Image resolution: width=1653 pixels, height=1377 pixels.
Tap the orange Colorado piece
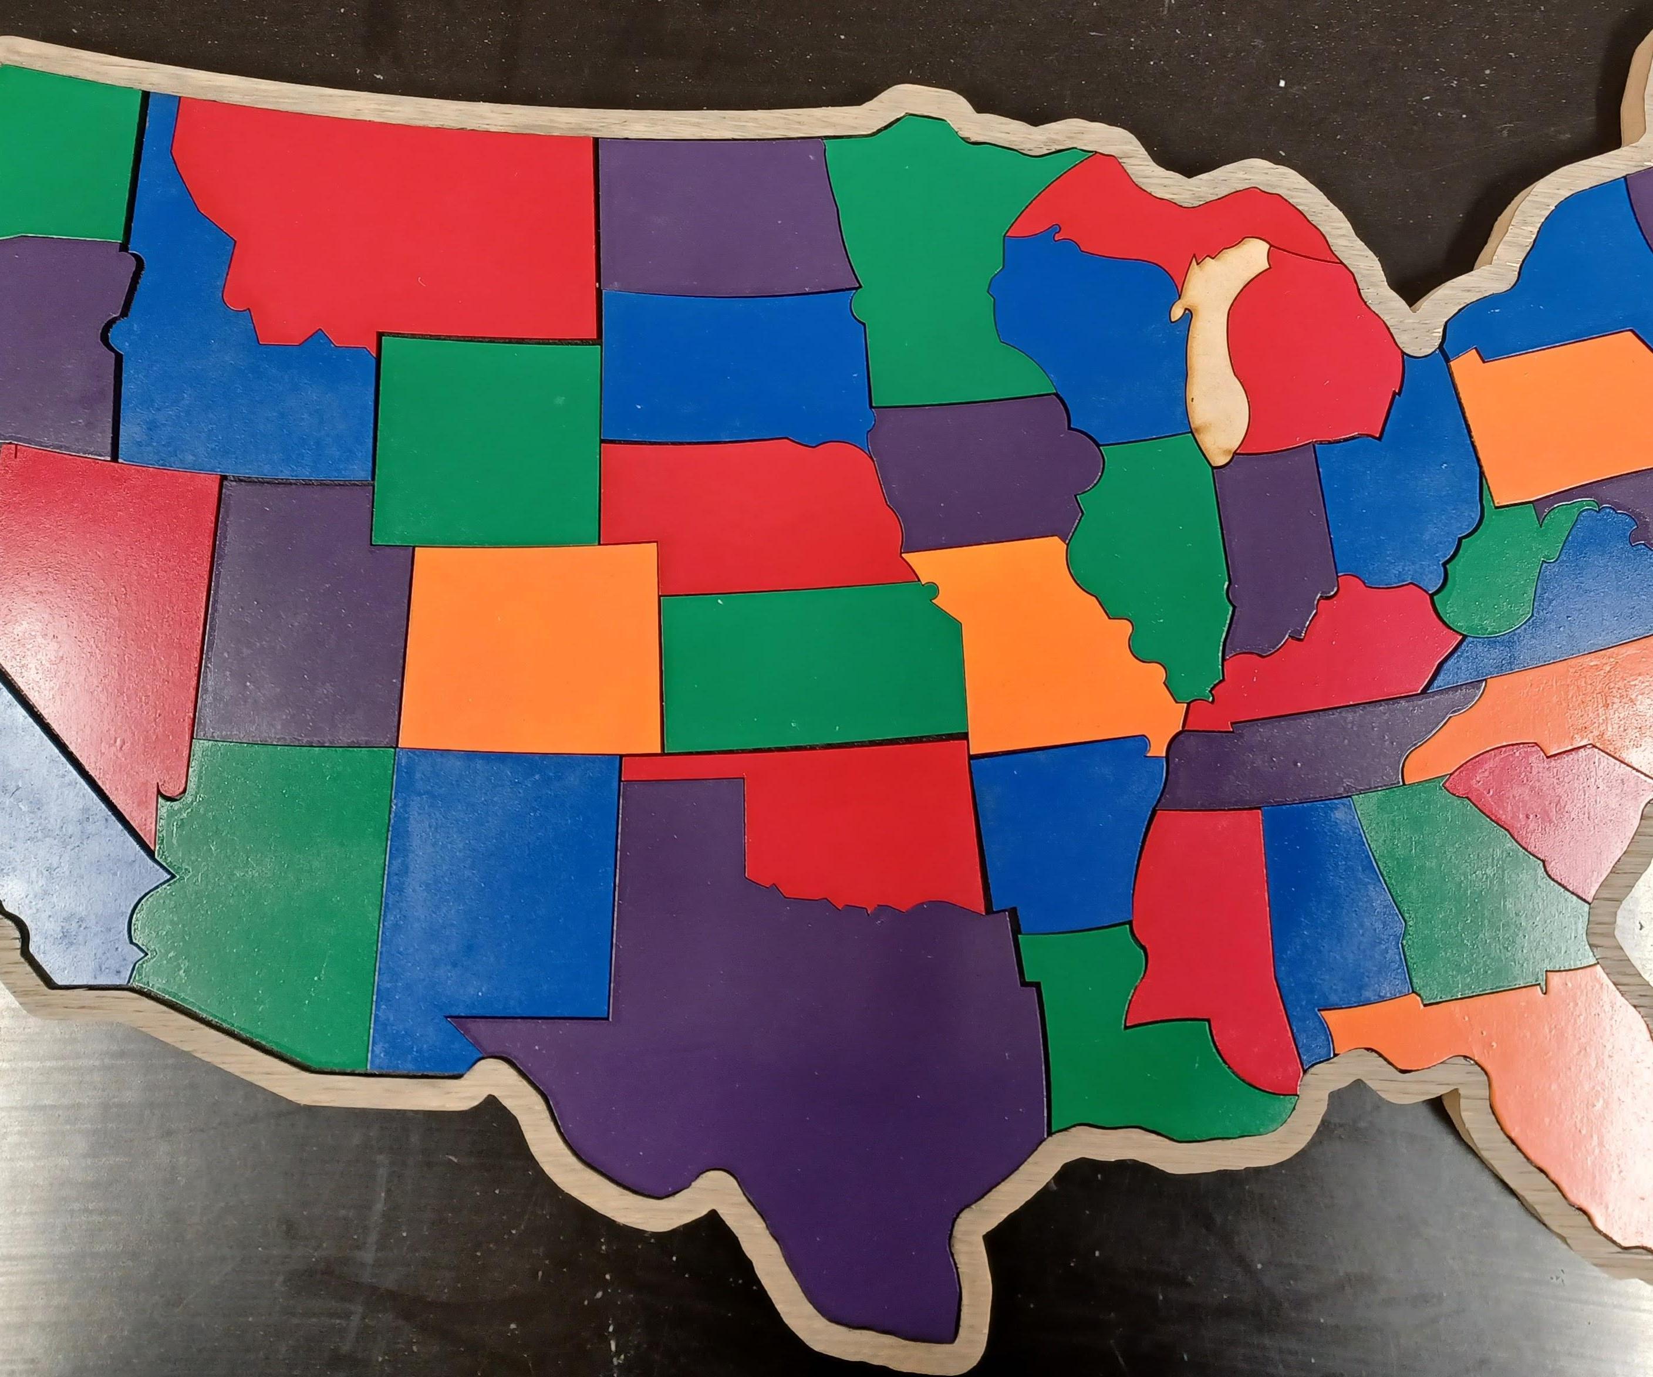coord(531,645)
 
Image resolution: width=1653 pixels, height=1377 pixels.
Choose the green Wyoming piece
coord(488,441)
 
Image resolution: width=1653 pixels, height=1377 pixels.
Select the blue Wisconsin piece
coord(1094,338)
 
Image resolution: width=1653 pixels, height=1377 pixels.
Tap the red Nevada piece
coord(110,598)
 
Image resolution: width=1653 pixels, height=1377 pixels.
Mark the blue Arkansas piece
coord(1062,834)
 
